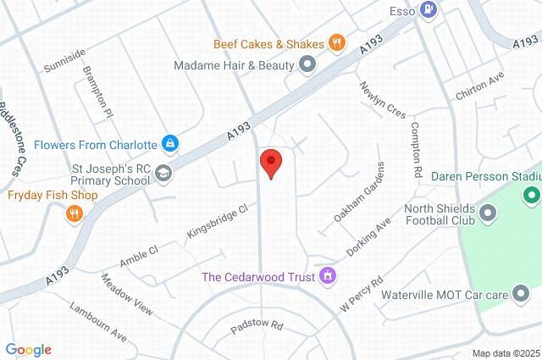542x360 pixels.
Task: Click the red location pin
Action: [270, 162]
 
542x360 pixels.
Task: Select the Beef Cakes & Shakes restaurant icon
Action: [337, 43]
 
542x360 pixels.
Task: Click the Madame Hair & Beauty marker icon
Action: [307, 64]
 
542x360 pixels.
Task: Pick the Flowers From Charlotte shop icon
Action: [170, 142]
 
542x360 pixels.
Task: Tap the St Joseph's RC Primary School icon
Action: [163, 173]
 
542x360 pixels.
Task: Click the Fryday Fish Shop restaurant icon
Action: [75, 214]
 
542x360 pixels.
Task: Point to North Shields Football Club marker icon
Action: [488, 213]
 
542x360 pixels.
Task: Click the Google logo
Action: [28, 349]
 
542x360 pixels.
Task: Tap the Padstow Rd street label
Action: [254, 325]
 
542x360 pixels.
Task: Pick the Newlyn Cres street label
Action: [383, 99]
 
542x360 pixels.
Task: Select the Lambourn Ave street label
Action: [98, 322]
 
